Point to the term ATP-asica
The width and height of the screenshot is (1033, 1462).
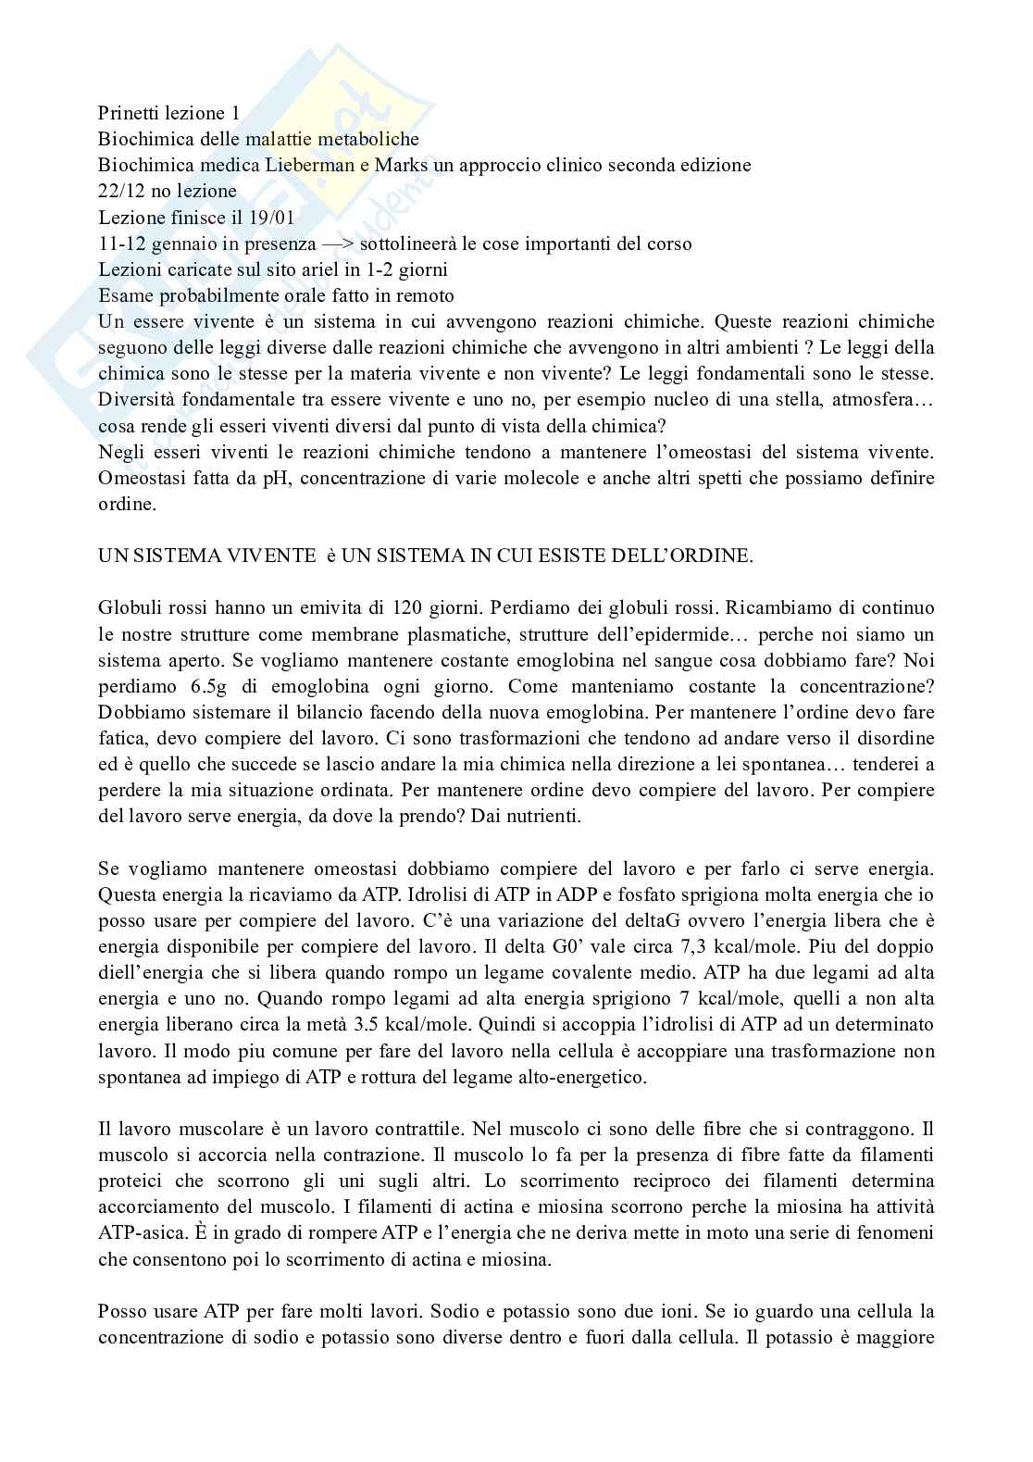click(x=136, y=1233)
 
